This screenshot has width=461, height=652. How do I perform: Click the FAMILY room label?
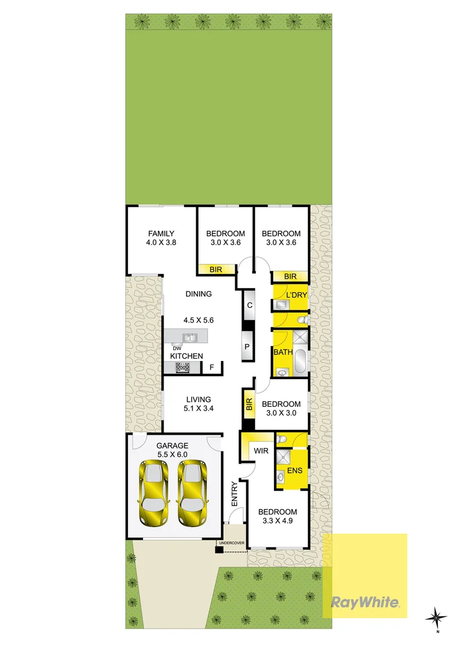click(x=161, y=234)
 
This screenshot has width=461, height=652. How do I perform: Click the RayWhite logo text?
click(x=364, y=602)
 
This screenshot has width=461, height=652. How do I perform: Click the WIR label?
click(x=261, y=450)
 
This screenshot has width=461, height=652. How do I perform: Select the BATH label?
click(x=282, y=352)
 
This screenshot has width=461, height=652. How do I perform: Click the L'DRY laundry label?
click(x=296, y=295)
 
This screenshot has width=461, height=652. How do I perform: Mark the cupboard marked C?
click(x=249, y=305)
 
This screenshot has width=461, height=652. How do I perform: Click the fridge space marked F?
click(x=212, y=367)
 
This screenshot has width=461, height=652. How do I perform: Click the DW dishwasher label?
click(x=177, y=348)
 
